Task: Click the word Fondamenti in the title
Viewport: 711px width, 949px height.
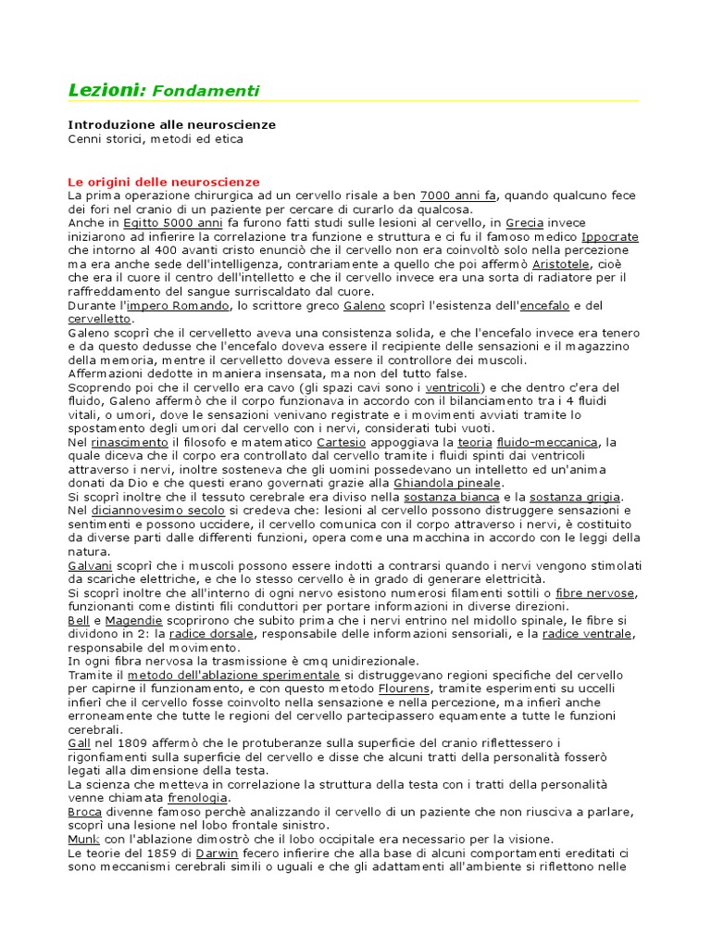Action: [206, 91]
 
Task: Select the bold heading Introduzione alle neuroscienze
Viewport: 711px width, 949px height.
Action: [172, 124]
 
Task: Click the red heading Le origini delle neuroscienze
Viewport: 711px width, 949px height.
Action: [164, 182]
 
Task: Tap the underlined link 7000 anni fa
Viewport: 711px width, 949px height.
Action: [458, 196]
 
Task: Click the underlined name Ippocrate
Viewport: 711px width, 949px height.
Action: [609, 236]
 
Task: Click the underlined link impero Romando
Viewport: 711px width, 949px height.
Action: [177, 305]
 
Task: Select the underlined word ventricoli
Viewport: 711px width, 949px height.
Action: [453, 386]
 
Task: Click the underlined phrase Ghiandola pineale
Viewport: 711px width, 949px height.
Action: [447, 483]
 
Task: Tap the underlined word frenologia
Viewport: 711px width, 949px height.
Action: [197, 798]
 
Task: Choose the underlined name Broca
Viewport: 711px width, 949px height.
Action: [84, 812]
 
